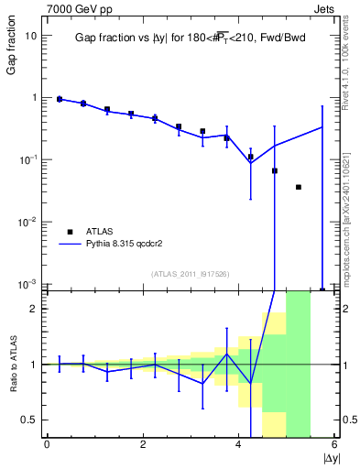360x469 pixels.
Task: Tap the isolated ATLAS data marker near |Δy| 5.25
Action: tap(299, 187)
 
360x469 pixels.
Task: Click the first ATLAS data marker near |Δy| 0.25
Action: tap(60, 99)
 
